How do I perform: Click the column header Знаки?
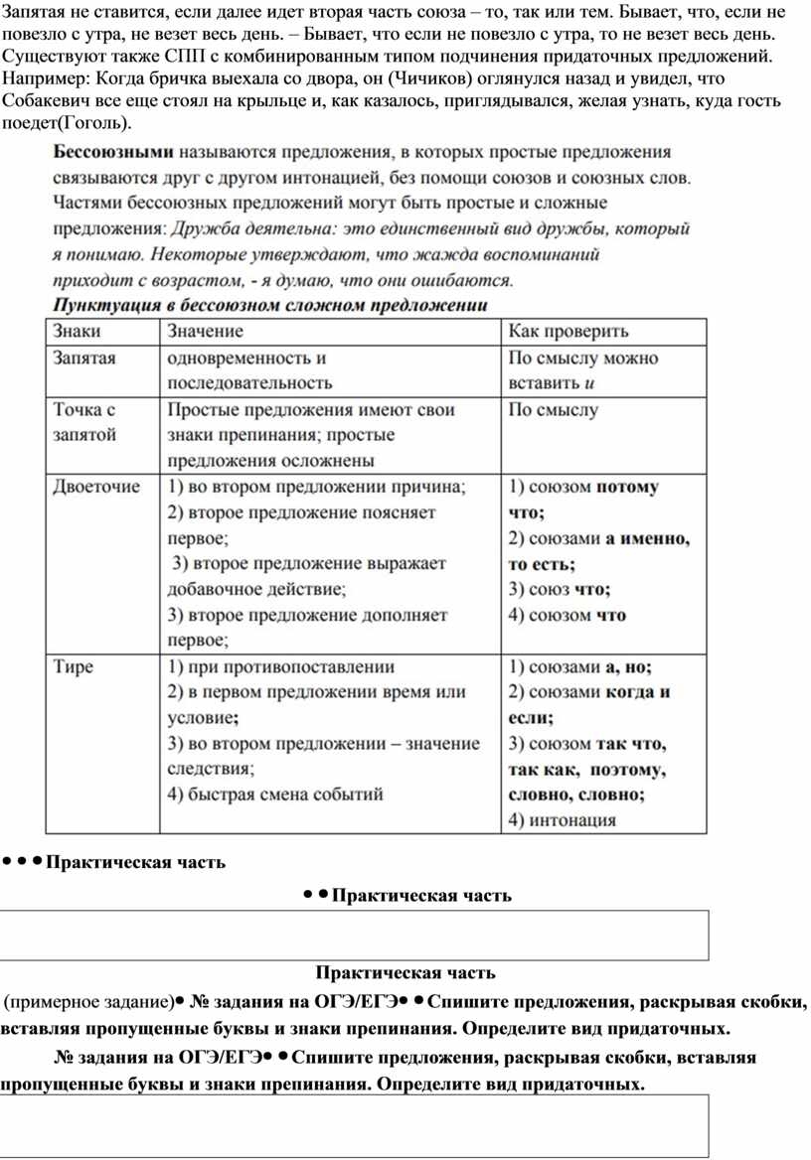(77, 332)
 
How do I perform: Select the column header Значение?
(206, 332)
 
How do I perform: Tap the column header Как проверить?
(568, 332)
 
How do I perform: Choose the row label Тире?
(74, 666)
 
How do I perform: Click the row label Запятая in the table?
(84, 359)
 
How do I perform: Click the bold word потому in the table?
(627, 488)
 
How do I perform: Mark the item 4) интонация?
(562, 820)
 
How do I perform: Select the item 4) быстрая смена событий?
(275, 795)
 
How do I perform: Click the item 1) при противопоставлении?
(280, 666)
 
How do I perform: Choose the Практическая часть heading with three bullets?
(135, 862)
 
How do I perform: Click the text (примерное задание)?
(88, 998)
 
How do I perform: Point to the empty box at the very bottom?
(355, 1125)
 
